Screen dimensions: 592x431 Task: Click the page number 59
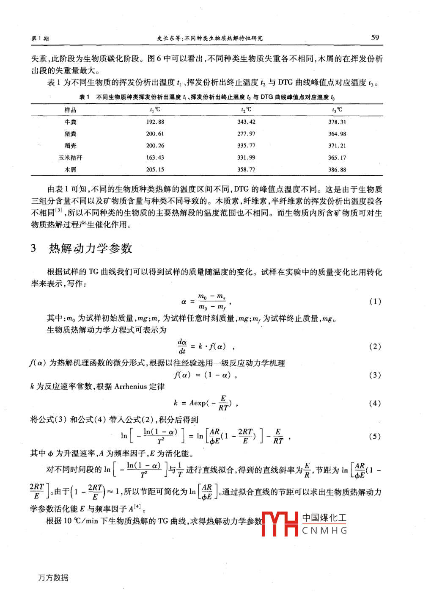pos(375,37)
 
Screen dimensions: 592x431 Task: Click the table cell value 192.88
pos(155,122)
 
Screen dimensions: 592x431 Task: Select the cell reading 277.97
pos(246,134)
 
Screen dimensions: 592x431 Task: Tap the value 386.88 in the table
pos(337,170)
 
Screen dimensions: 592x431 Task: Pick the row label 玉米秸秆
pos(70,158)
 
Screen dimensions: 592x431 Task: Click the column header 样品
pos(70,110)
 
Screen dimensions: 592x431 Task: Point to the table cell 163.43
pos(155,158)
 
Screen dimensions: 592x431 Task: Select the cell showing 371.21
pos(337,146)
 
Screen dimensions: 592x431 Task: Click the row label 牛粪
pos(70,122)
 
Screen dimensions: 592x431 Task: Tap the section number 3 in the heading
pos(33,248)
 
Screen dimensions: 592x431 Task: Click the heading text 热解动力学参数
pos(91,249)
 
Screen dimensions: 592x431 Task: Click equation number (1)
pos(375,302)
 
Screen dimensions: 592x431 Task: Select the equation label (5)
pos(375,437)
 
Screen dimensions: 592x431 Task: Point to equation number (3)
pos(375,375)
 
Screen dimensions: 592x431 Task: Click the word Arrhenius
pos(131,387)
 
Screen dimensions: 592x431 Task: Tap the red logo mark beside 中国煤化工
pos(280,524)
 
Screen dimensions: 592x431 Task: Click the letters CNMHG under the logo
pos(325,531)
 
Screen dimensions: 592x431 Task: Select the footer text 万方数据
pos(53,578)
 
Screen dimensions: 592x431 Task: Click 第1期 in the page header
pos(40,39)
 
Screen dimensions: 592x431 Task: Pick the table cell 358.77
pos(246,170)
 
